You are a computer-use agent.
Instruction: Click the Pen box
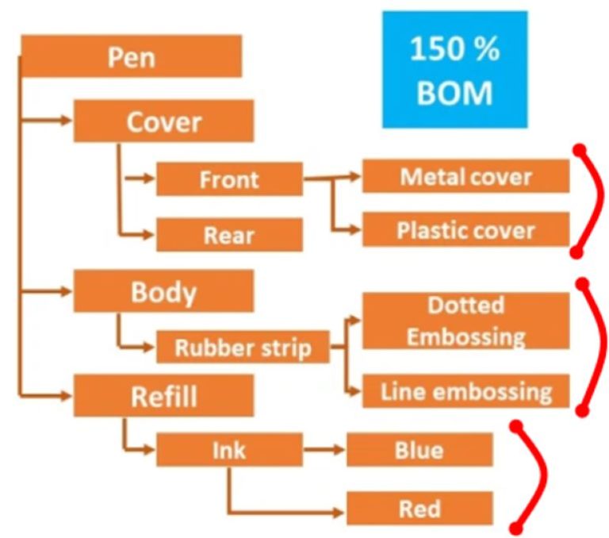click(131, 57)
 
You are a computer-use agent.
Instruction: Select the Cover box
click(163, 121)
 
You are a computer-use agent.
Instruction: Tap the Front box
click(229, 179)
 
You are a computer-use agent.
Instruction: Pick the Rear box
click(229, 235)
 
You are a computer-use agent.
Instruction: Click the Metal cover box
click(465, 176)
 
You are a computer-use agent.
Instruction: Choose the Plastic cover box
click(465, 230)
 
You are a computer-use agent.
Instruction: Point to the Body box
click(163, 291)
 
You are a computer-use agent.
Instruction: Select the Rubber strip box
click(243, 348)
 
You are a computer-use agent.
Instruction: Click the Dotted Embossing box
click(465, 321)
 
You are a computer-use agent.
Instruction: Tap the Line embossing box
click(465, 391)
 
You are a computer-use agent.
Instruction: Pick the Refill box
click(163, 395)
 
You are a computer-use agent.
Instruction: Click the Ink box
click(229, 450)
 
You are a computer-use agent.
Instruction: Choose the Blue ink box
click(419, 450)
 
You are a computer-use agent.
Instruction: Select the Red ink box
click(419, 507)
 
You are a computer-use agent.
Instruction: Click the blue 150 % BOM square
click(454, 70)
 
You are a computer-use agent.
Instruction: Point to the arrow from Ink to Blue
click(325, 450)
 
